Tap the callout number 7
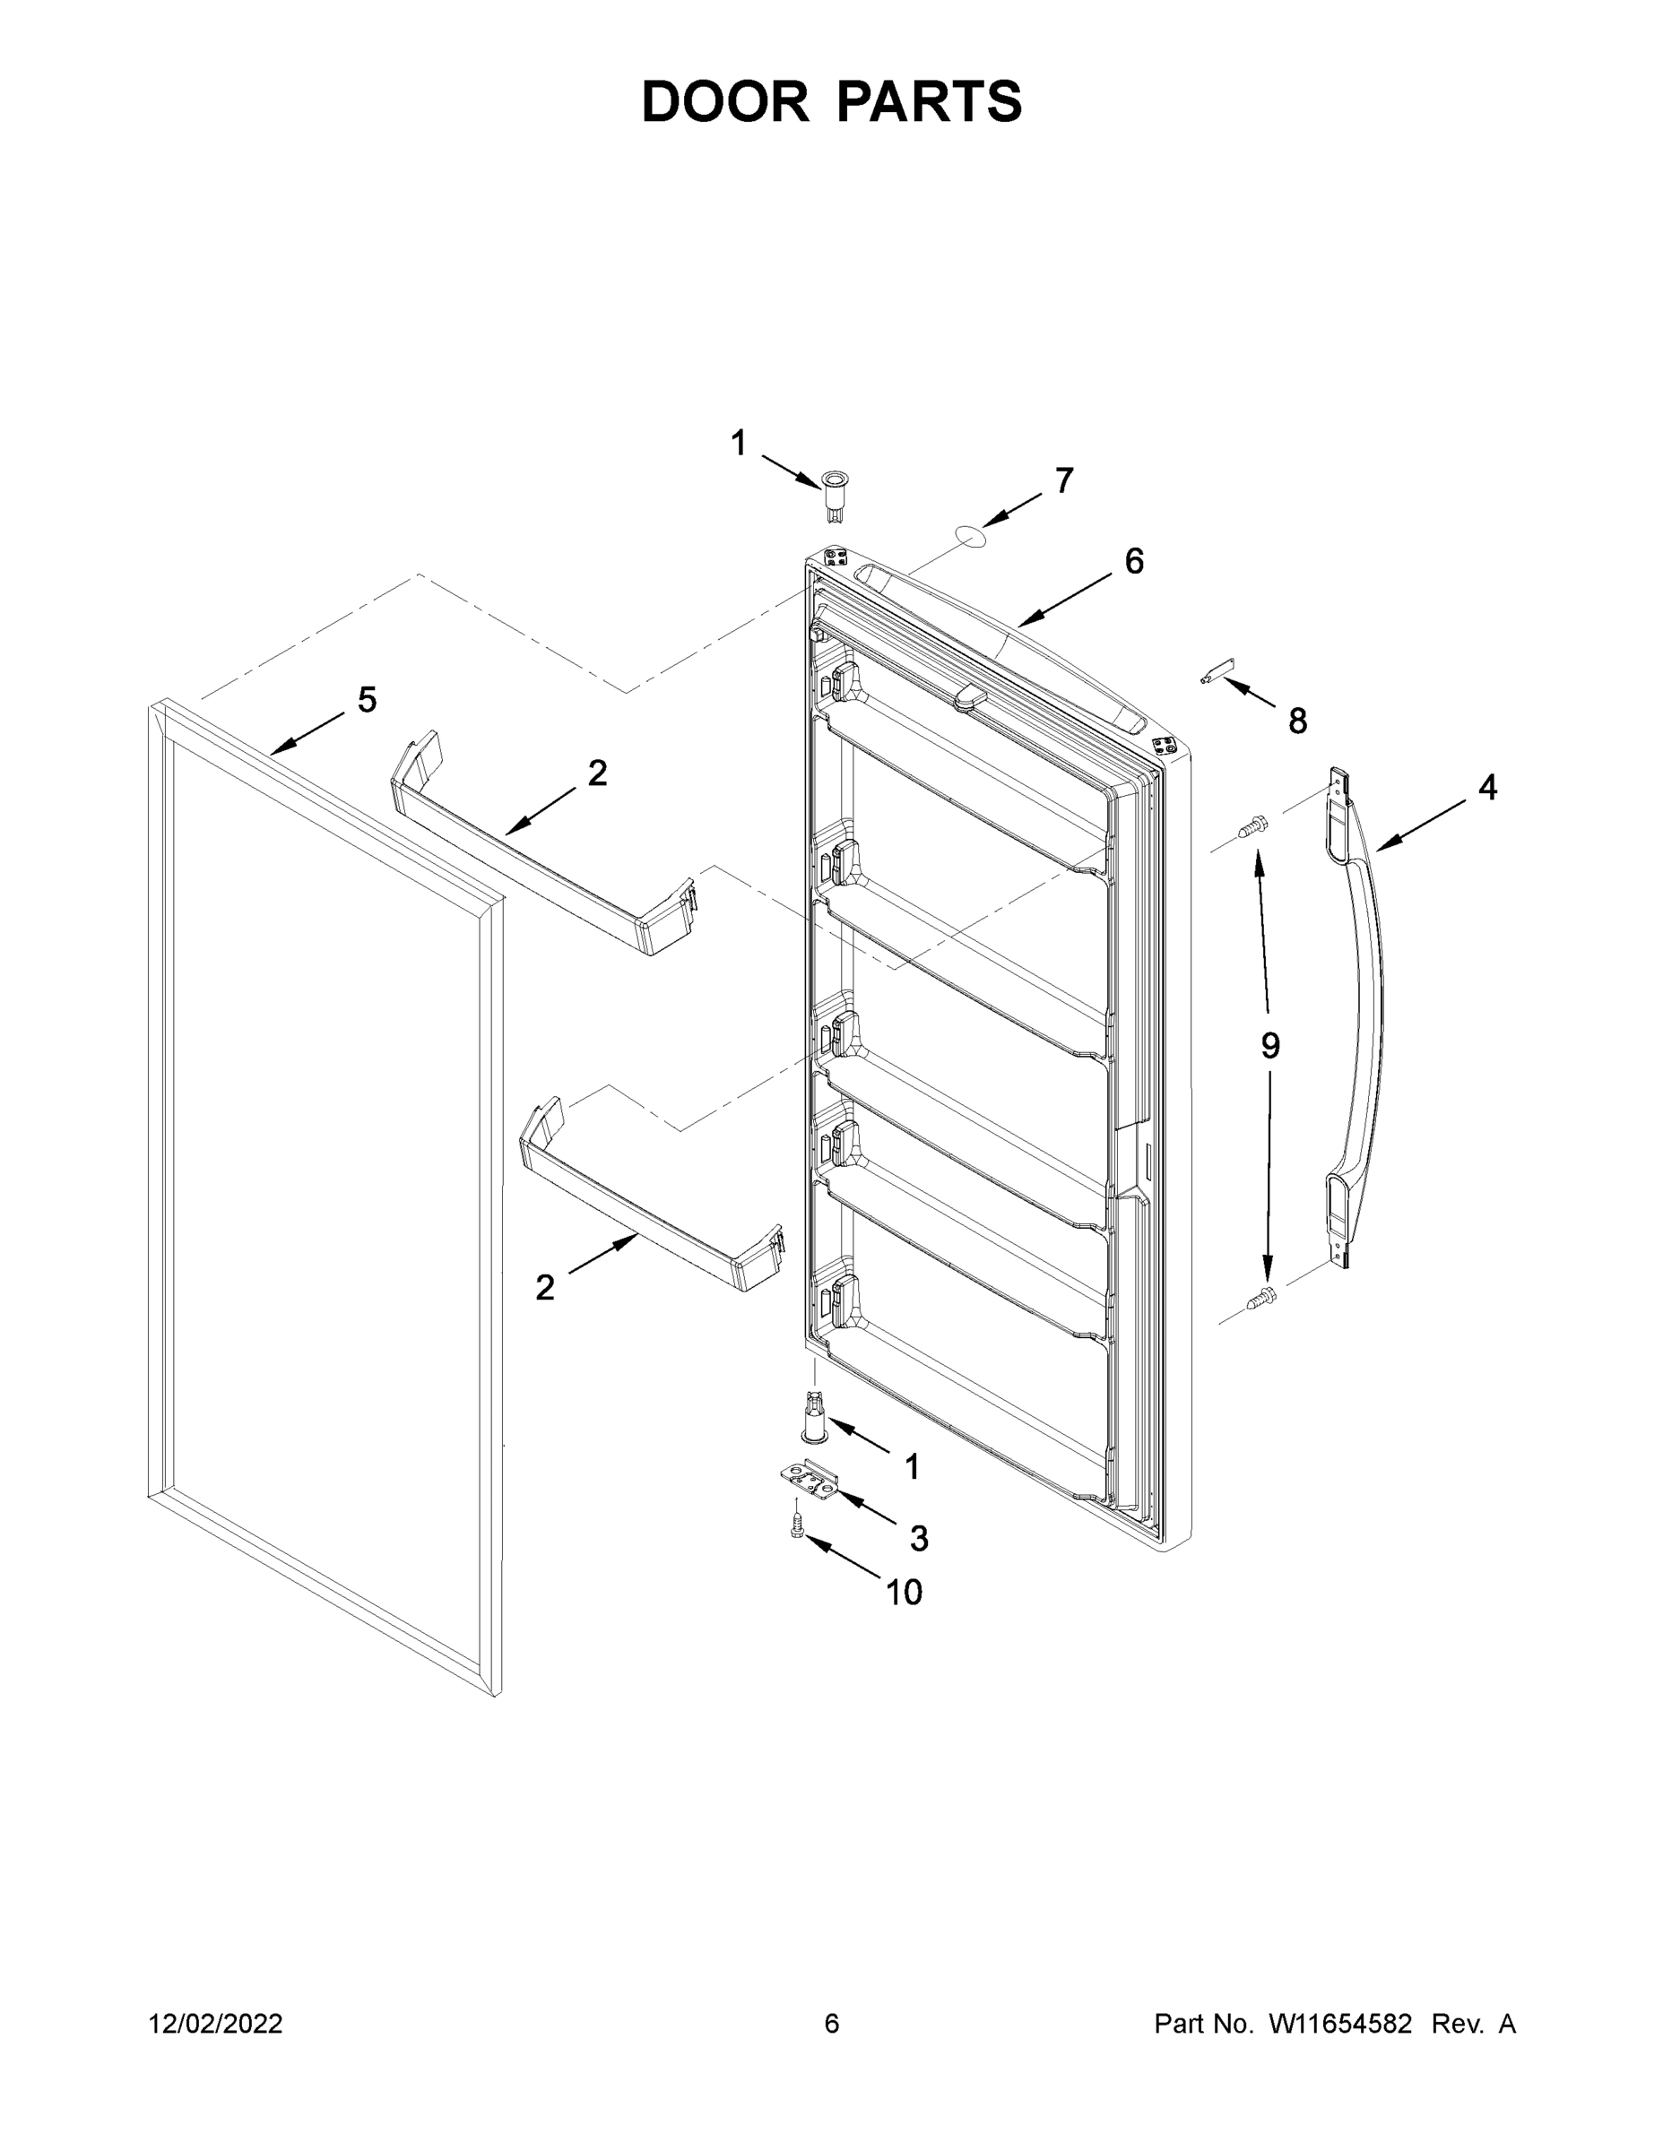1064,480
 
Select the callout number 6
1134,561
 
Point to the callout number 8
1297,721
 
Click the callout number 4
1486,787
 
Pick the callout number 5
367,700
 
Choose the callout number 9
1270,1046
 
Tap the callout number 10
904,1593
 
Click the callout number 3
918,1537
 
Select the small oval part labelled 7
969,535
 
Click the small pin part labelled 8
1217,673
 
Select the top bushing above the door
834,489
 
